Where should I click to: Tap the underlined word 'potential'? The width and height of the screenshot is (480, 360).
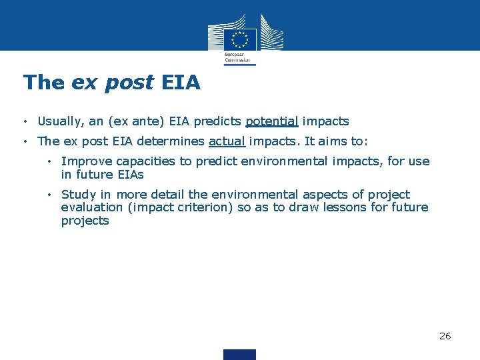tap(272, 121)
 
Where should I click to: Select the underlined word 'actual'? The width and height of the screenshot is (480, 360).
tap(227, 141)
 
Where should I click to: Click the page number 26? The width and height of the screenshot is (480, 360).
tap(445, 336)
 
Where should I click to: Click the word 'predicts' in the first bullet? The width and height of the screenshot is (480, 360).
tap(217, 121)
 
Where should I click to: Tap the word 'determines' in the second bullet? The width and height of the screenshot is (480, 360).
tap(173, 141)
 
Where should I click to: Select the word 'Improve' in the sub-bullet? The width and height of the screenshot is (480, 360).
tap(86, 161)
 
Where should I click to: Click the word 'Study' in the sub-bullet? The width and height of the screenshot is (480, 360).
tap(78, 195)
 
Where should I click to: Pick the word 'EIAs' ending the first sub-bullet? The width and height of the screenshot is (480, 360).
tap(129, 175)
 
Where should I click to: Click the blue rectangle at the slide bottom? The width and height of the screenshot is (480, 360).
tap(239, 354)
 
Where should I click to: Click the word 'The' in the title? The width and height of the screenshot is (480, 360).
tap(43, 82)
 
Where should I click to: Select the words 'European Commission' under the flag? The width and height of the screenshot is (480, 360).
tap(239, 57)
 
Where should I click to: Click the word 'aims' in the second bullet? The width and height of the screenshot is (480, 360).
tap(337, 141)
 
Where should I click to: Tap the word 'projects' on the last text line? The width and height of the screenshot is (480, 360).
tap(85, 221)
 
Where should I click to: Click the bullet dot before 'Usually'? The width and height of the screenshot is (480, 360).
tap(24, 122)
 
